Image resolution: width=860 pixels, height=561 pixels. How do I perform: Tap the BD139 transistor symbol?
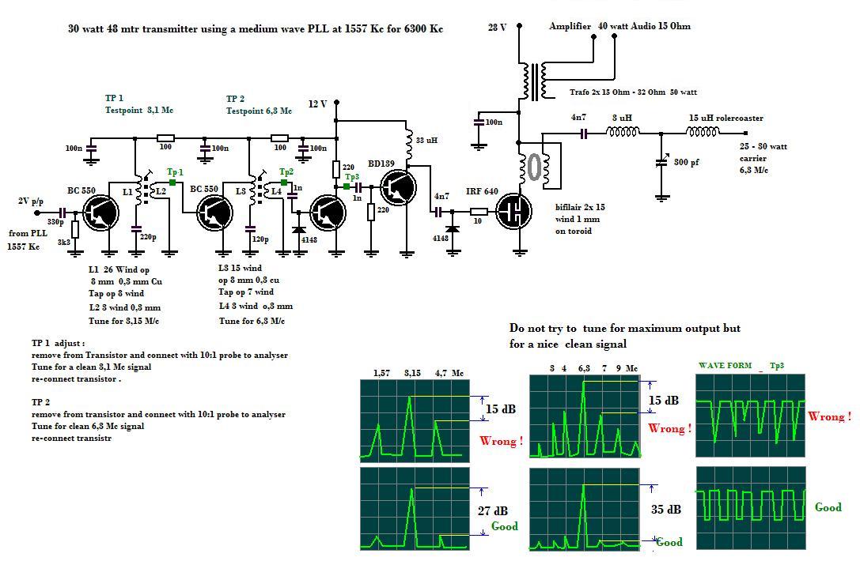tap(397, 188)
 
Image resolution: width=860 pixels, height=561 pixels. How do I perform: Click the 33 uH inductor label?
tap(426, 141)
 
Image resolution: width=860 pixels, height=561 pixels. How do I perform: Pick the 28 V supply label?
tap(497, 27)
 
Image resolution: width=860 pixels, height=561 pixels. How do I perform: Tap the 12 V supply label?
tap(317, 104)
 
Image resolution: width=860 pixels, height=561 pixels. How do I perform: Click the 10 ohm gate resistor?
tap(479, 212)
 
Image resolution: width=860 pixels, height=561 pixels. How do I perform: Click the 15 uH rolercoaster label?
tap(726, 119)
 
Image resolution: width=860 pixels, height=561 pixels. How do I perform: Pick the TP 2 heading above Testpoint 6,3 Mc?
tap(235, 99)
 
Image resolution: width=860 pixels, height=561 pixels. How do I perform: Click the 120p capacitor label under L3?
tap(260, 239)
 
